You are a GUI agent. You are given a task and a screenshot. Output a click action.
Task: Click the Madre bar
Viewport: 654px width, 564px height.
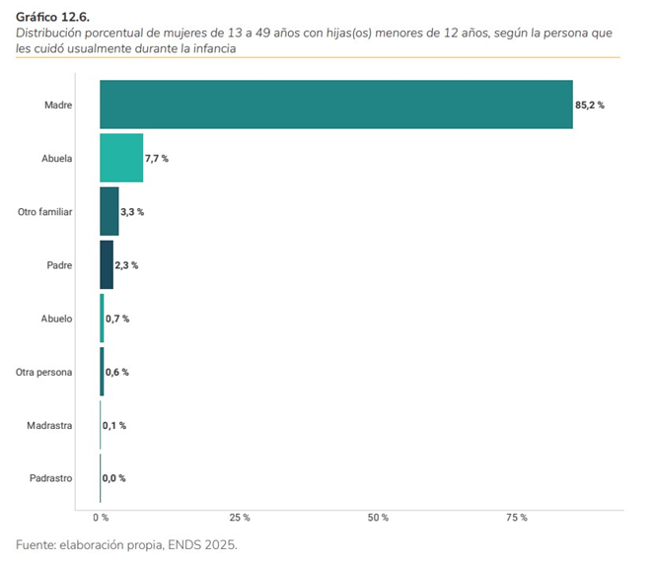(335, 105)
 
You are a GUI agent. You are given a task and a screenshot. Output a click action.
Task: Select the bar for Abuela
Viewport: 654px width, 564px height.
(121, 158)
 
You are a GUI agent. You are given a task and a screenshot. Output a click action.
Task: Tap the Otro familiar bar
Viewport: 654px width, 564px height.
(109, 211)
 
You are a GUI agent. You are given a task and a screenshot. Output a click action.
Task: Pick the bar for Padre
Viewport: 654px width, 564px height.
(107, 264)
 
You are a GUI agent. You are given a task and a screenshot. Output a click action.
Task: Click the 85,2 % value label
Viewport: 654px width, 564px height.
(590, 105)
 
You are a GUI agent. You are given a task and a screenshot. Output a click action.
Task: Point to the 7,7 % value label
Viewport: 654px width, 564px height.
(158, 159)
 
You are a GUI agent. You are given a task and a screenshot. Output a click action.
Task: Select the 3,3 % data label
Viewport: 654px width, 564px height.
(132, 212)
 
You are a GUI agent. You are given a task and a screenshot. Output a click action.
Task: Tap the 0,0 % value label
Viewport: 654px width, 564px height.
(114, 478)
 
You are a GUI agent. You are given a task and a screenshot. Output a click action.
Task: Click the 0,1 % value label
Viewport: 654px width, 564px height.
(115, 425)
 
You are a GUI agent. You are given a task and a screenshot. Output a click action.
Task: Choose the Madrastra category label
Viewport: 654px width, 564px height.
(50, 425)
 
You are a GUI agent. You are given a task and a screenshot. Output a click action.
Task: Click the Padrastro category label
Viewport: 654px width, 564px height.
(50, 478)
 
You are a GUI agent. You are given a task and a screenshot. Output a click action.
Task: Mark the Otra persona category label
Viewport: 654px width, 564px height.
(44, 372)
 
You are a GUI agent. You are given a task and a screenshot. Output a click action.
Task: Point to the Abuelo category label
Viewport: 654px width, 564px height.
(55, 318)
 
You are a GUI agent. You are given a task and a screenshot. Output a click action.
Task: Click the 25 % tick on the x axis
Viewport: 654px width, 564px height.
(240, 518)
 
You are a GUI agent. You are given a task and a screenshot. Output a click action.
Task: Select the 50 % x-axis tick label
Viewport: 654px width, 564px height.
(379, 518)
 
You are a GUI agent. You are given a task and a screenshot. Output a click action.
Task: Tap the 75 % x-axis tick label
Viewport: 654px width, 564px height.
(517, 518)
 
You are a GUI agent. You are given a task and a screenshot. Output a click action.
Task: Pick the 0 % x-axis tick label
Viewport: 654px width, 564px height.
(101, 518)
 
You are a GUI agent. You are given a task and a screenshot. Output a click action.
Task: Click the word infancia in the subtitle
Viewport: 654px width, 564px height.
(213, 47)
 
